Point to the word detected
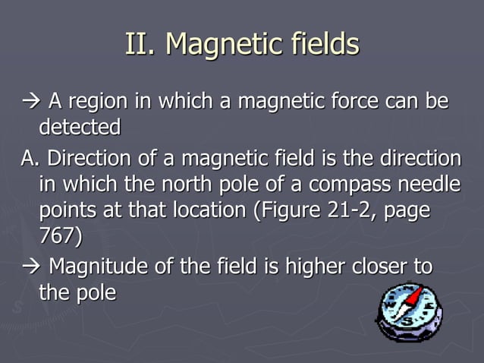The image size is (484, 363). point(79,127)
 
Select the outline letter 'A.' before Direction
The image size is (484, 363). point(30,160)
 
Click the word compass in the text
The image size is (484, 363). point(337,185)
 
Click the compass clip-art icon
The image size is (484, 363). point(409,312)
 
